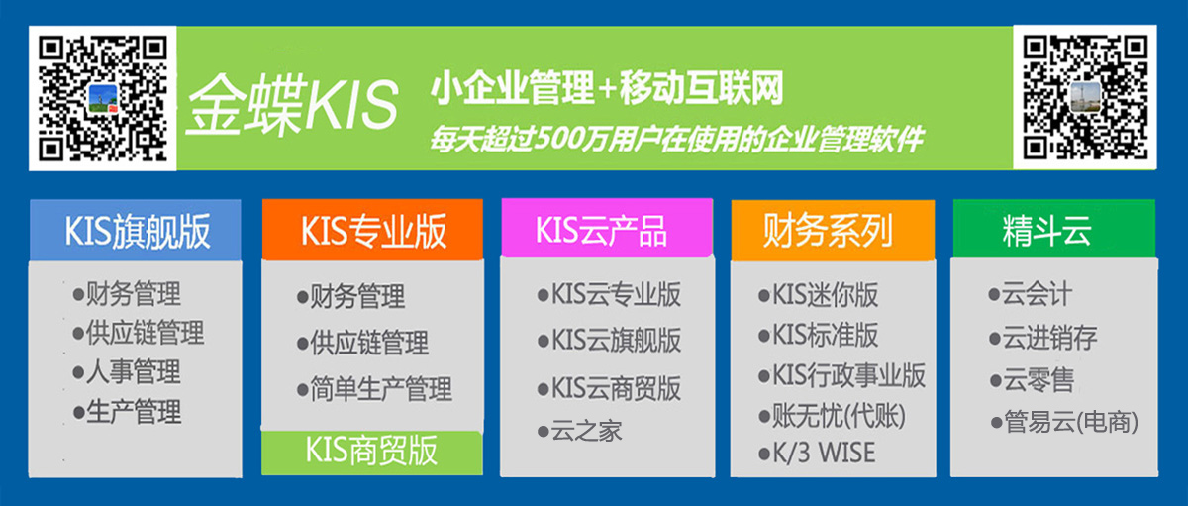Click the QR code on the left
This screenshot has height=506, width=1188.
(x=103, y=98)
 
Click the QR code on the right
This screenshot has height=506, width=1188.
(x=1085, y=98)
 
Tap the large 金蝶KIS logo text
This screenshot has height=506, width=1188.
(x=292, y=103)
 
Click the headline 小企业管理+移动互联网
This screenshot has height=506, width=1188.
(x=606, y=88)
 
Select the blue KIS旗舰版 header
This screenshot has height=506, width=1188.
(x=136, y=230)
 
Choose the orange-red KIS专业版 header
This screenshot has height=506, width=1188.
(x=372, y=230)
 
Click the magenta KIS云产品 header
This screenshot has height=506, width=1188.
(x=607, y=228)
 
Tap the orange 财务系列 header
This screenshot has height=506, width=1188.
(x=833, y=230)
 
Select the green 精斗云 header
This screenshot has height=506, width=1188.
(x=1053, y=229)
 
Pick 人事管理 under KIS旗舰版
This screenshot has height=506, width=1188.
(x=128, y=371)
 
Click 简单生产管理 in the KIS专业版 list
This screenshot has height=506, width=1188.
(x=375, y=389)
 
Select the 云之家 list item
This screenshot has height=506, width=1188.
(x=580, y=431)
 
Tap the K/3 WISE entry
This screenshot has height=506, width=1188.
(x=818, y=453)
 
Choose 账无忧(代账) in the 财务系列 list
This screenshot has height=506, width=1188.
(x=833, y=415)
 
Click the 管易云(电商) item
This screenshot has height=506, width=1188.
(x=1064, y=422)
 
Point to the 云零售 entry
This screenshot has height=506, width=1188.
(x=1032, y=380)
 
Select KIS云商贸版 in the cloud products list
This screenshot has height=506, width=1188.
(x=610, y=388)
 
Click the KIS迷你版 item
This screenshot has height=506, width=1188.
(x=819, y=294)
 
